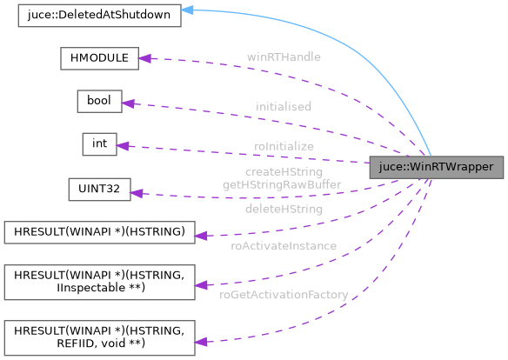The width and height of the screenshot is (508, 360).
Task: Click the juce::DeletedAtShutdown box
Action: [99, 15]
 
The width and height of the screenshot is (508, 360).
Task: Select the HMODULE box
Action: [99, 58]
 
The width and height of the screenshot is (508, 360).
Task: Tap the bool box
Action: [99, 102]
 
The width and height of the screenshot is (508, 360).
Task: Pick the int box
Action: [99, 143]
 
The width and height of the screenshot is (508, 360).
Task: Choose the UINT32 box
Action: [99, 188]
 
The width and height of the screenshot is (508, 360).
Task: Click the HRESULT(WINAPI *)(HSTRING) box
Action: [99, 232]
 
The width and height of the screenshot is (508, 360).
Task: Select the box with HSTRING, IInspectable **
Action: [99, 281]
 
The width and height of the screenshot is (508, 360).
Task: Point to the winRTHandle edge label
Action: [284, 57]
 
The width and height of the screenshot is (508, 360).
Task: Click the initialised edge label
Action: [284, 106]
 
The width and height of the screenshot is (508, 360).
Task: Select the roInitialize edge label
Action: [284, 146]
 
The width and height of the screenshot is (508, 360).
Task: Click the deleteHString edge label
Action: [284, 209]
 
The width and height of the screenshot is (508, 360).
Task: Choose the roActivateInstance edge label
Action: [284, 246]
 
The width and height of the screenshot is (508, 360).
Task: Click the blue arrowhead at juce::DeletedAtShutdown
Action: [187, 11]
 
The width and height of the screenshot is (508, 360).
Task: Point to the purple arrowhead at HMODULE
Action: [146, 58]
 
